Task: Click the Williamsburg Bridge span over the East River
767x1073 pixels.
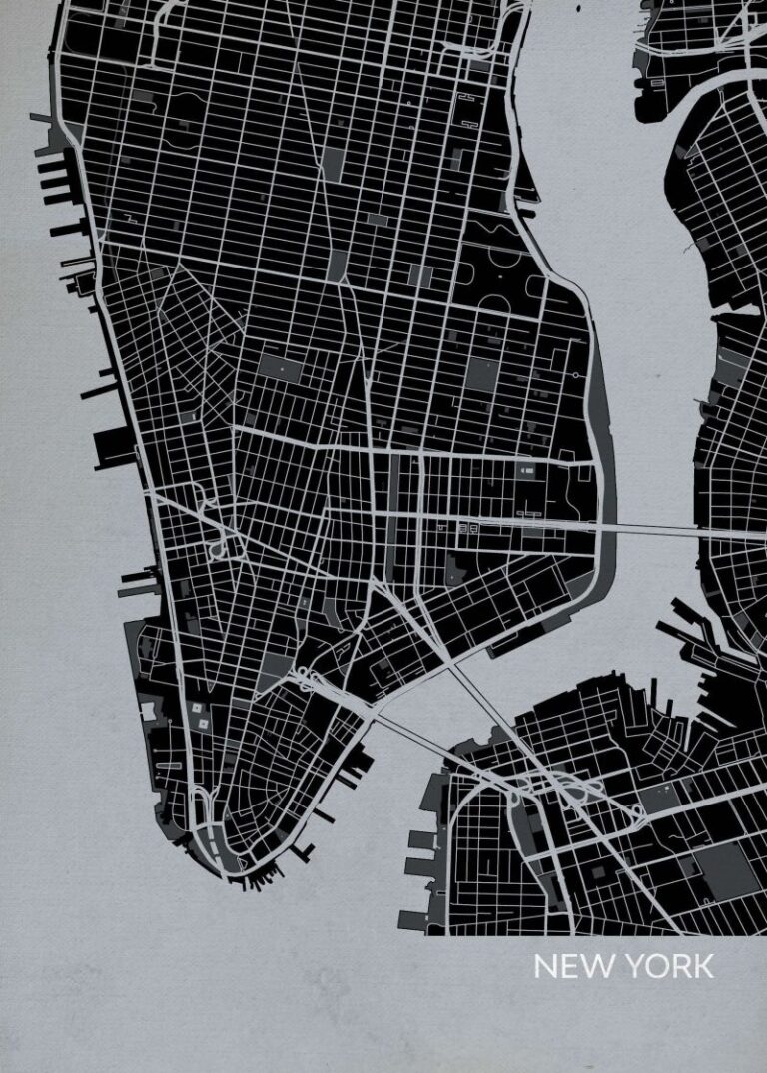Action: pos(654,528)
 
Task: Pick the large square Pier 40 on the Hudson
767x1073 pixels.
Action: pos(113,448)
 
